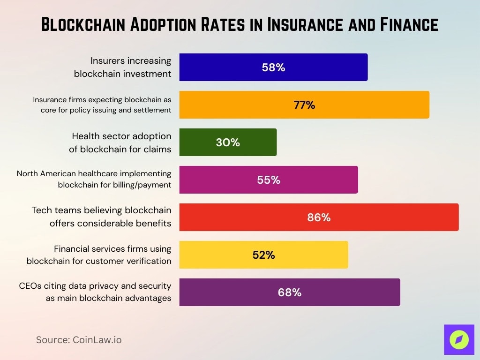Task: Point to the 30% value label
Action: coord(228,142)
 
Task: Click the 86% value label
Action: coord(319,217)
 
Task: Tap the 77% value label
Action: coord(304,105)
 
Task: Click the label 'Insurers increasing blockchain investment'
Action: coord(123,67)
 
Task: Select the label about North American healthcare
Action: coord(94,180)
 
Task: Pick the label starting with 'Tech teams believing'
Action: coord(101,217)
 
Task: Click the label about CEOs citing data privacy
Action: coord(95,292)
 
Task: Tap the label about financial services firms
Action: coord(99,255)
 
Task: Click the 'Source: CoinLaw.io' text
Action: coord(79,340)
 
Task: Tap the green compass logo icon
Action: coord(459,340)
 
